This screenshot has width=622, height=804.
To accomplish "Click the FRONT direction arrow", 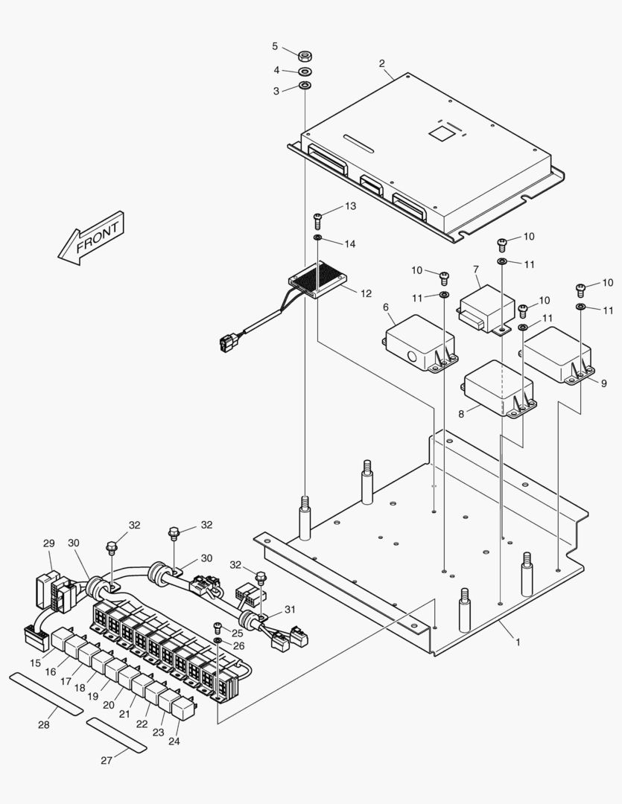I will point(91,238).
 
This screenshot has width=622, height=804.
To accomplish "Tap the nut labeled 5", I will point(305,56).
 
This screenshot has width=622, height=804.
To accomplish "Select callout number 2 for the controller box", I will point(382,64).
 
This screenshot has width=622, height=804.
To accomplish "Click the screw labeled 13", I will point(318,218).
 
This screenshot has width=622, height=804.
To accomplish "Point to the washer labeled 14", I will point(318,237).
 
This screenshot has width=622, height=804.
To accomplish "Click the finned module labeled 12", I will point(318,281).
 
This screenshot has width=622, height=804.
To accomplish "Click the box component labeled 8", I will point(497,388).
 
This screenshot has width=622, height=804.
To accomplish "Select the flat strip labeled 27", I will point(116,736).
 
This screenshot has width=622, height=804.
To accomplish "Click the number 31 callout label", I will point(291,609).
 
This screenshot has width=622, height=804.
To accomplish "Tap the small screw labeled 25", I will point(218,626).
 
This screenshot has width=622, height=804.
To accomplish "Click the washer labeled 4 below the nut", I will point(305,72).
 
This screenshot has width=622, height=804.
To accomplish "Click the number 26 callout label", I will point(238,646).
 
